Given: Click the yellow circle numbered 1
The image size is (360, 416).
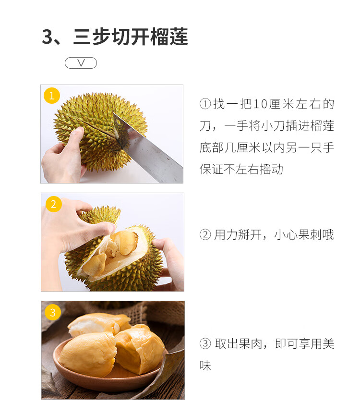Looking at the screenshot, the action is [52, 96].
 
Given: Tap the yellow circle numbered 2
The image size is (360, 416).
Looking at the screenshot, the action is [54, 204].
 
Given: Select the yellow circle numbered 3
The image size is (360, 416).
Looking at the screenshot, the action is [53, 312].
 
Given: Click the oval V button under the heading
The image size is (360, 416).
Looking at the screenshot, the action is [81, 63].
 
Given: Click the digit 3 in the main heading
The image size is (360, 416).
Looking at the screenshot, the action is [48, 37].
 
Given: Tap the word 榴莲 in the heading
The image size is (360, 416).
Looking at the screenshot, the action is [169, 37].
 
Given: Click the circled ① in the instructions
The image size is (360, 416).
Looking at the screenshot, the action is [205, 104].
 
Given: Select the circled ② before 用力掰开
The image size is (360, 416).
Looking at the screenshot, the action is [205, 234].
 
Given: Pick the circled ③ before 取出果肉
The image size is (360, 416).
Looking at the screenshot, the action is [205, 343].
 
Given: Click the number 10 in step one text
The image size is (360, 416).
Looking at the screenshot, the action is [260, 104].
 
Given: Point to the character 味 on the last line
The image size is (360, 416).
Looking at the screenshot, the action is [205, 366].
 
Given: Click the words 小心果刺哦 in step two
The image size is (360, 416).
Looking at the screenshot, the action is [304, 234].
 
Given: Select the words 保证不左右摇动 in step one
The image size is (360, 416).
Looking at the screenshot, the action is [241, 169].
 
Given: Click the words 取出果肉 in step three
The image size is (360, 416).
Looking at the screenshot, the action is [239, 343].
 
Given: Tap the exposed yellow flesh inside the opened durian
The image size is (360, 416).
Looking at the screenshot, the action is [125, 243].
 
